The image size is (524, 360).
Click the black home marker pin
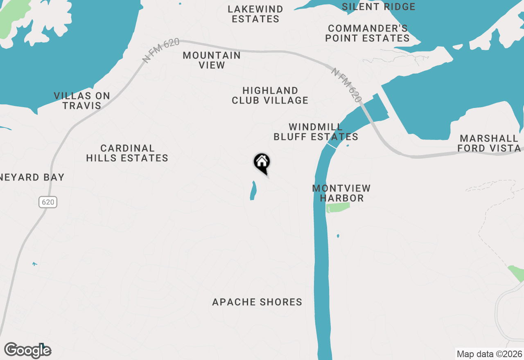coord(262,162)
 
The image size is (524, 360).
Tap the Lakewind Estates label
coord(255,14)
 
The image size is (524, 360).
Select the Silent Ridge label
coord(378,7)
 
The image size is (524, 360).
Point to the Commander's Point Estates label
coord(367,34)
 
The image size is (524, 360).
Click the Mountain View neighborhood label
coord(212,60)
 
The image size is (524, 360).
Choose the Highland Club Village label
coord(270,95)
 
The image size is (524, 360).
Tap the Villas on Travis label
coord(82,101)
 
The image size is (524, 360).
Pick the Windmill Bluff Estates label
coord(316,132)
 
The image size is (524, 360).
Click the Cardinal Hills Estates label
coord(127,153)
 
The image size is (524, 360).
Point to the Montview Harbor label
coord(341,193)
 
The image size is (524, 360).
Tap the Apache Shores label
coord(257,302)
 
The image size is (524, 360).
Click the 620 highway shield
coord(48,202)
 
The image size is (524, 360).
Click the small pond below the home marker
coord(253,191)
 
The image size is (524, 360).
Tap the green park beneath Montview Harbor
coord(338,207)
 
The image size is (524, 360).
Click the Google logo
coord(27,350)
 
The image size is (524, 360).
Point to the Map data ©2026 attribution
coord(489,354)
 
